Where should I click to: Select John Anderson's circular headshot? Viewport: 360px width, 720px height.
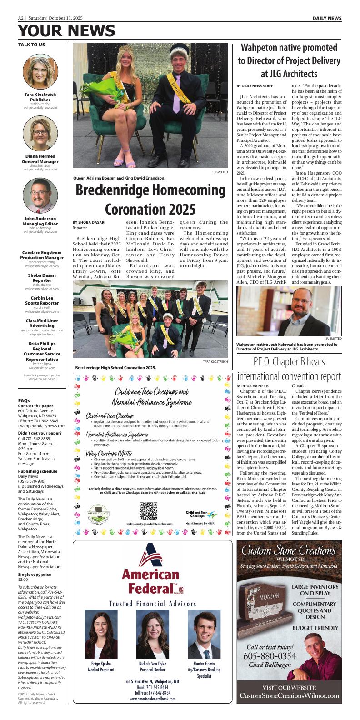click(40, 196)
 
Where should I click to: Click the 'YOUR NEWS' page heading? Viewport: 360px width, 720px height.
click(66, 31)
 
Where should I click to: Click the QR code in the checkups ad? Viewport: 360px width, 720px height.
click(148, 511)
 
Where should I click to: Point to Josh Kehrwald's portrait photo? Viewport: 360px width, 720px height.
click(289, 311)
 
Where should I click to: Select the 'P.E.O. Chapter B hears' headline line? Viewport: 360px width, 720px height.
click(289, 361)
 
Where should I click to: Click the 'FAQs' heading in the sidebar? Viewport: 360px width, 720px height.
click(24, 400)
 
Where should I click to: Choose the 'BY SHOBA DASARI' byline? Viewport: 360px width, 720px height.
click(89, 222)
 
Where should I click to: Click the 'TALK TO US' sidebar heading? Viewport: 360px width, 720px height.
click(31, 45)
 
